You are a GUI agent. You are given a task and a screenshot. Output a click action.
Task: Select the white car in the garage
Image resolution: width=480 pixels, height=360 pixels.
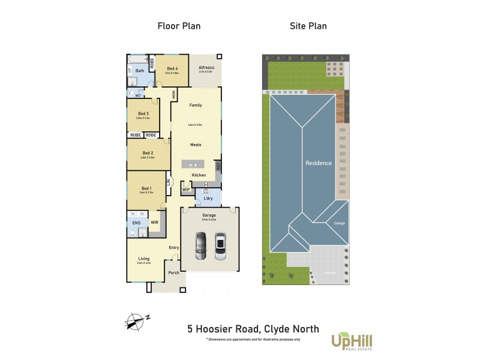pos(220,246)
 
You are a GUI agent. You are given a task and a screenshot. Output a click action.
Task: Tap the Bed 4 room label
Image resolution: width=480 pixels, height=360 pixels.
pos(172,69)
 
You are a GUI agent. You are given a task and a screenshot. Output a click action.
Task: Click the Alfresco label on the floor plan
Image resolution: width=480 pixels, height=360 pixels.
pos(207,68)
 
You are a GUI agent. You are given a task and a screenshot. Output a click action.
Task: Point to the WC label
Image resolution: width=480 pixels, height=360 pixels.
pos(137,95)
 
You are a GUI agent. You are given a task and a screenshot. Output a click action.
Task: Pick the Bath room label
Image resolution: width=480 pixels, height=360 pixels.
pos(139,71)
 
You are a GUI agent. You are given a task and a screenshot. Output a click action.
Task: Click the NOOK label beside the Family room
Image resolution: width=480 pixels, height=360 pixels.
pos(174,94)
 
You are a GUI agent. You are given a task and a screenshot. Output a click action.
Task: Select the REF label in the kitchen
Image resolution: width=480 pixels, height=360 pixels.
pos(218,166)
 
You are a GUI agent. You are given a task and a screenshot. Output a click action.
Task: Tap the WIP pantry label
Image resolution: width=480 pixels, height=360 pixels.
pos(186,189)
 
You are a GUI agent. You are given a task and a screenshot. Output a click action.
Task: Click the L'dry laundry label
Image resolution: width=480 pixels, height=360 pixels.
pos(208,198)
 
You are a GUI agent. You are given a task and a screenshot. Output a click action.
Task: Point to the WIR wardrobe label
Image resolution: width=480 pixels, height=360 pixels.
pos(154,222)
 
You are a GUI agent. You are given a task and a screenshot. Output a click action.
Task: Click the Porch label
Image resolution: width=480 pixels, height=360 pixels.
pos(173,272)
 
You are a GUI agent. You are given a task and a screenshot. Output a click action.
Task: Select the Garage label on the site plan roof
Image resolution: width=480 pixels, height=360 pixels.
pos(340,223)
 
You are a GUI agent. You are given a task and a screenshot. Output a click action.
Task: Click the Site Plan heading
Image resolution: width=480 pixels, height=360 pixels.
pos(308,26)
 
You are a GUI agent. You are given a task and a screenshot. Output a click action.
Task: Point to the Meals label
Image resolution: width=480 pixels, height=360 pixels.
pos(196,145)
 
